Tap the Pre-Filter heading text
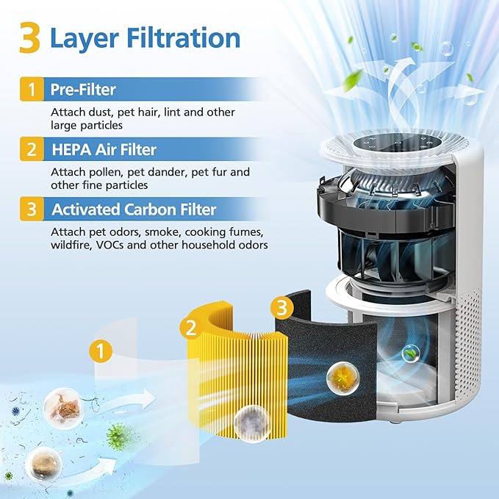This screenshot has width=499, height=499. pos(83,90)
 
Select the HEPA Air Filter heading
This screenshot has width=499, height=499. pos(103,150)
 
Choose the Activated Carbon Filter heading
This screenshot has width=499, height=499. pos(134,209)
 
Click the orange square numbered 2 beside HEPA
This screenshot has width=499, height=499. pos(31,150)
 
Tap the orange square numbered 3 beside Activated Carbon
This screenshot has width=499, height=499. pos(31,209)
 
